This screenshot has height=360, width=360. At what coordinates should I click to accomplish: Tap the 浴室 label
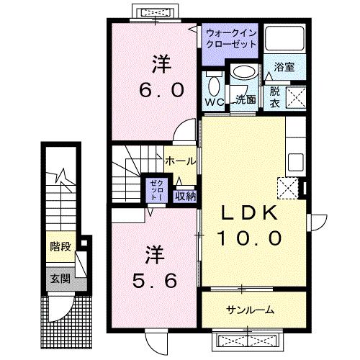[x=283, y=68]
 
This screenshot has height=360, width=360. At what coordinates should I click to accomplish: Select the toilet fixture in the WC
[x=213, y=86]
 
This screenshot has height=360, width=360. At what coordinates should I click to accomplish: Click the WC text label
[x=215, y=102]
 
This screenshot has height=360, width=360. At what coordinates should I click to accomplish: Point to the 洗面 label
[x=246, y=99]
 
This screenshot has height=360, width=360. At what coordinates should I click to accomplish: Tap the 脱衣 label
[x=276, y=96]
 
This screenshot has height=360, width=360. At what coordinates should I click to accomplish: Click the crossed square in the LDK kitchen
[x=287, y=188]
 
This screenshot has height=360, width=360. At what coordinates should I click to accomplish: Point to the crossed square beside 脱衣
[x=297, y=96]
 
